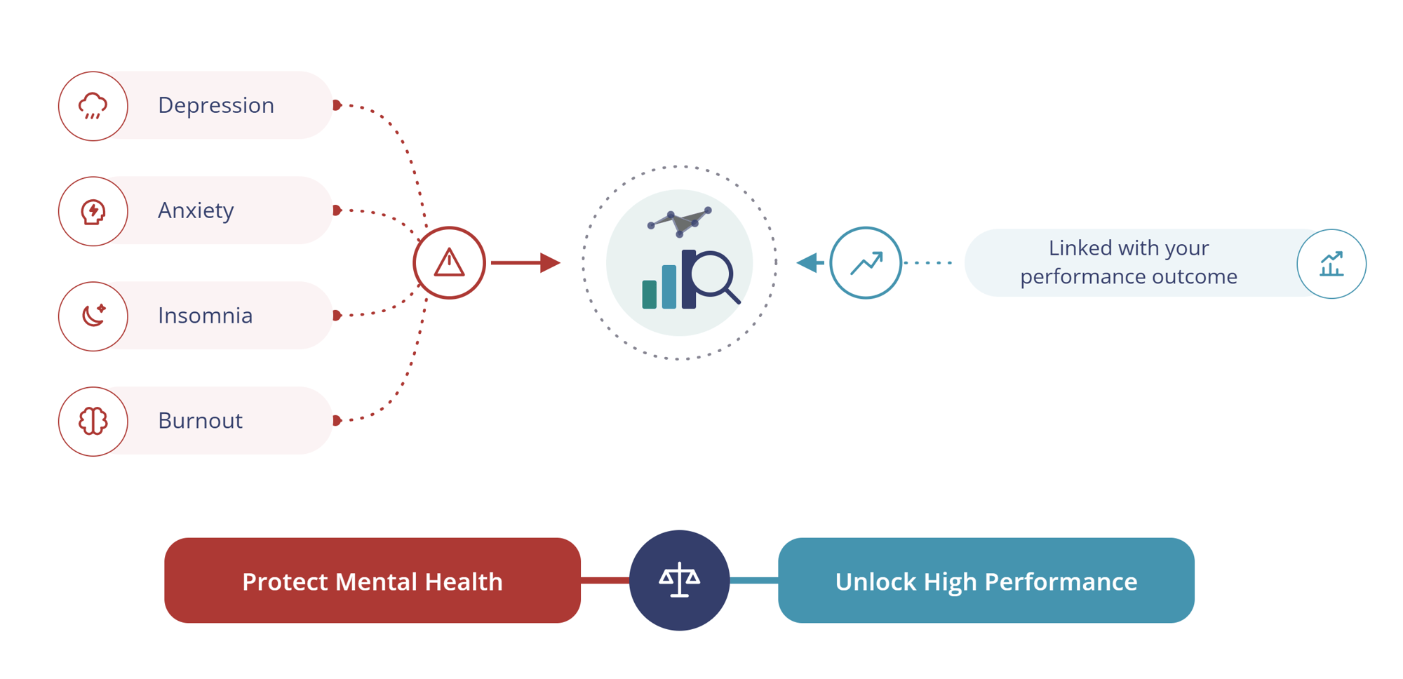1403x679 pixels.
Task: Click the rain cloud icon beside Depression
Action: click(93, 106)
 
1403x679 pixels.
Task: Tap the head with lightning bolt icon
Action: click(93, 211)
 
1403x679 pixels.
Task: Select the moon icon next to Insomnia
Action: click(93, 316)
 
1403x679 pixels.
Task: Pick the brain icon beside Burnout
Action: click(93, 421)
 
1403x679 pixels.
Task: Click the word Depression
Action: click(216, 105)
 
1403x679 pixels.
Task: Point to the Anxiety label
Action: click(196, 210)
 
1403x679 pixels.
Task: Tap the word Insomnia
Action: click(205, 316)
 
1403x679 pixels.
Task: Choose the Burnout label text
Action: click(200, 421)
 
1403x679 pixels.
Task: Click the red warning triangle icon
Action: click(449, 263)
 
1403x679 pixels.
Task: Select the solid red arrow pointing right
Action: click(525, 263)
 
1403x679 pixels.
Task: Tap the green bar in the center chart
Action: click(650, 294)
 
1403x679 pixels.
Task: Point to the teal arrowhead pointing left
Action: click(810, 263)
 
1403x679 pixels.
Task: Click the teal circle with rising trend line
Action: click(866, 263)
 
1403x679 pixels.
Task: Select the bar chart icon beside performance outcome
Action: click(1331, 264)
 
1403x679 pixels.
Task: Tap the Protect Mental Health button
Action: click(372, 580)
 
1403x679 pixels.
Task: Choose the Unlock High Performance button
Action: click(986, 580)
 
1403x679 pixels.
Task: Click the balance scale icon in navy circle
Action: click(679, 580)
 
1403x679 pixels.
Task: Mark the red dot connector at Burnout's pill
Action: click(337, 421)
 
